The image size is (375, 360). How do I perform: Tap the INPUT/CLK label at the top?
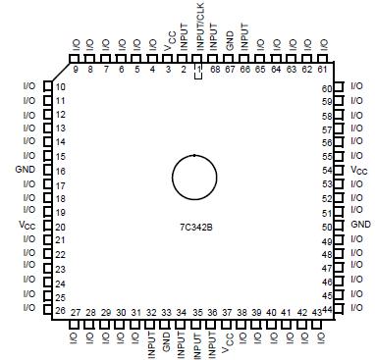pyautogui.click(x=199, y=32)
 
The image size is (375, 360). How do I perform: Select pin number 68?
pyautogui.click(x=214, y=69)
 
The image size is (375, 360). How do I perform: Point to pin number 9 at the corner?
pyautogui.click(x=76, y=69)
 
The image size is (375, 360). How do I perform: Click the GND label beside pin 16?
pyautogui.click(x=26, y=170)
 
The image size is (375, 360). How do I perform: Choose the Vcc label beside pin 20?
pyautogui.click(x=27, y=225)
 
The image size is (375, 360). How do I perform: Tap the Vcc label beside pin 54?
pyautogui.click(x=359, y=170)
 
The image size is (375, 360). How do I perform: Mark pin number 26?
pyautogui.click(x=61, y=311)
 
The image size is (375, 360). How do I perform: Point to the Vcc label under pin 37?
pyautogui.click(x=228, y=342)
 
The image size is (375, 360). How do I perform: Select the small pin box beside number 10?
pyautogui.click(x=46, y=87)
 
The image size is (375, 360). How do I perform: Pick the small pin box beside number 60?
pyautogui.click(x=341, y=88)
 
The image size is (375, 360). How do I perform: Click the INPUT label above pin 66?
pyautogui.click(x=245, y=38)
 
